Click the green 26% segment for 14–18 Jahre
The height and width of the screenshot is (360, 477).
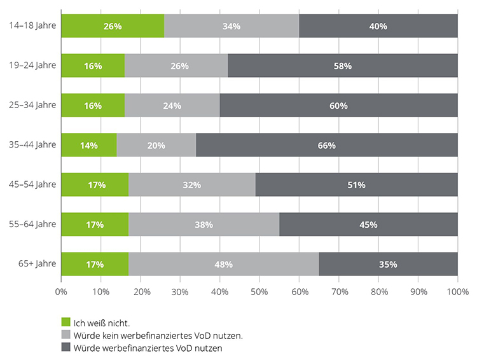[x=113, y=26]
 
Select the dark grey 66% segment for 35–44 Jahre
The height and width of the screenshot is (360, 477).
[x=327, y=145]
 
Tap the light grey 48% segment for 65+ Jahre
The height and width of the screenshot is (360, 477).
[x=223, y=264]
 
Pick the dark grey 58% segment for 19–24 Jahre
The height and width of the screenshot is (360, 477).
[x=343, y=66]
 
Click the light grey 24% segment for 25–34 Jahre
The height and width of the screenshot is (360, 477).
[x=172, y=106]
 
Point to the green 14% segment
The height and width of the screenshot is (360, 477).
[x=89, y=145]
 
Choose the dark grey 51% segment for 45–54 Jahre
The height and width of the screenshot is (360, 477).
[x=356, y=184]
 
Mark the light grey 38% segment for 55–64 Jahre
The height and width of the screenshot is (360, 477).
[x=204, y=225]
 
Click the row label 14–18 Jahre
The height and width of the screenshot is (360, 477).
[x=33, y=26]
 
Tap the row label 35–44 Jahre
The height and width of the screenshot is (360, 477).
[x=33, y=145]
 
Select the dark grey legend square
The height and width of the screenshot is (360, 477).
[x=65, y=348]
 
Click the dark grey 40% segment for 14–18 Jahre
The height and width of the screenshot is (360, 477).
[x=378, y=26]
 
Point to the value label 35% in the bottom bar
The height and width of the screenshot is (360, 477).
[x=388, y=264]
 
